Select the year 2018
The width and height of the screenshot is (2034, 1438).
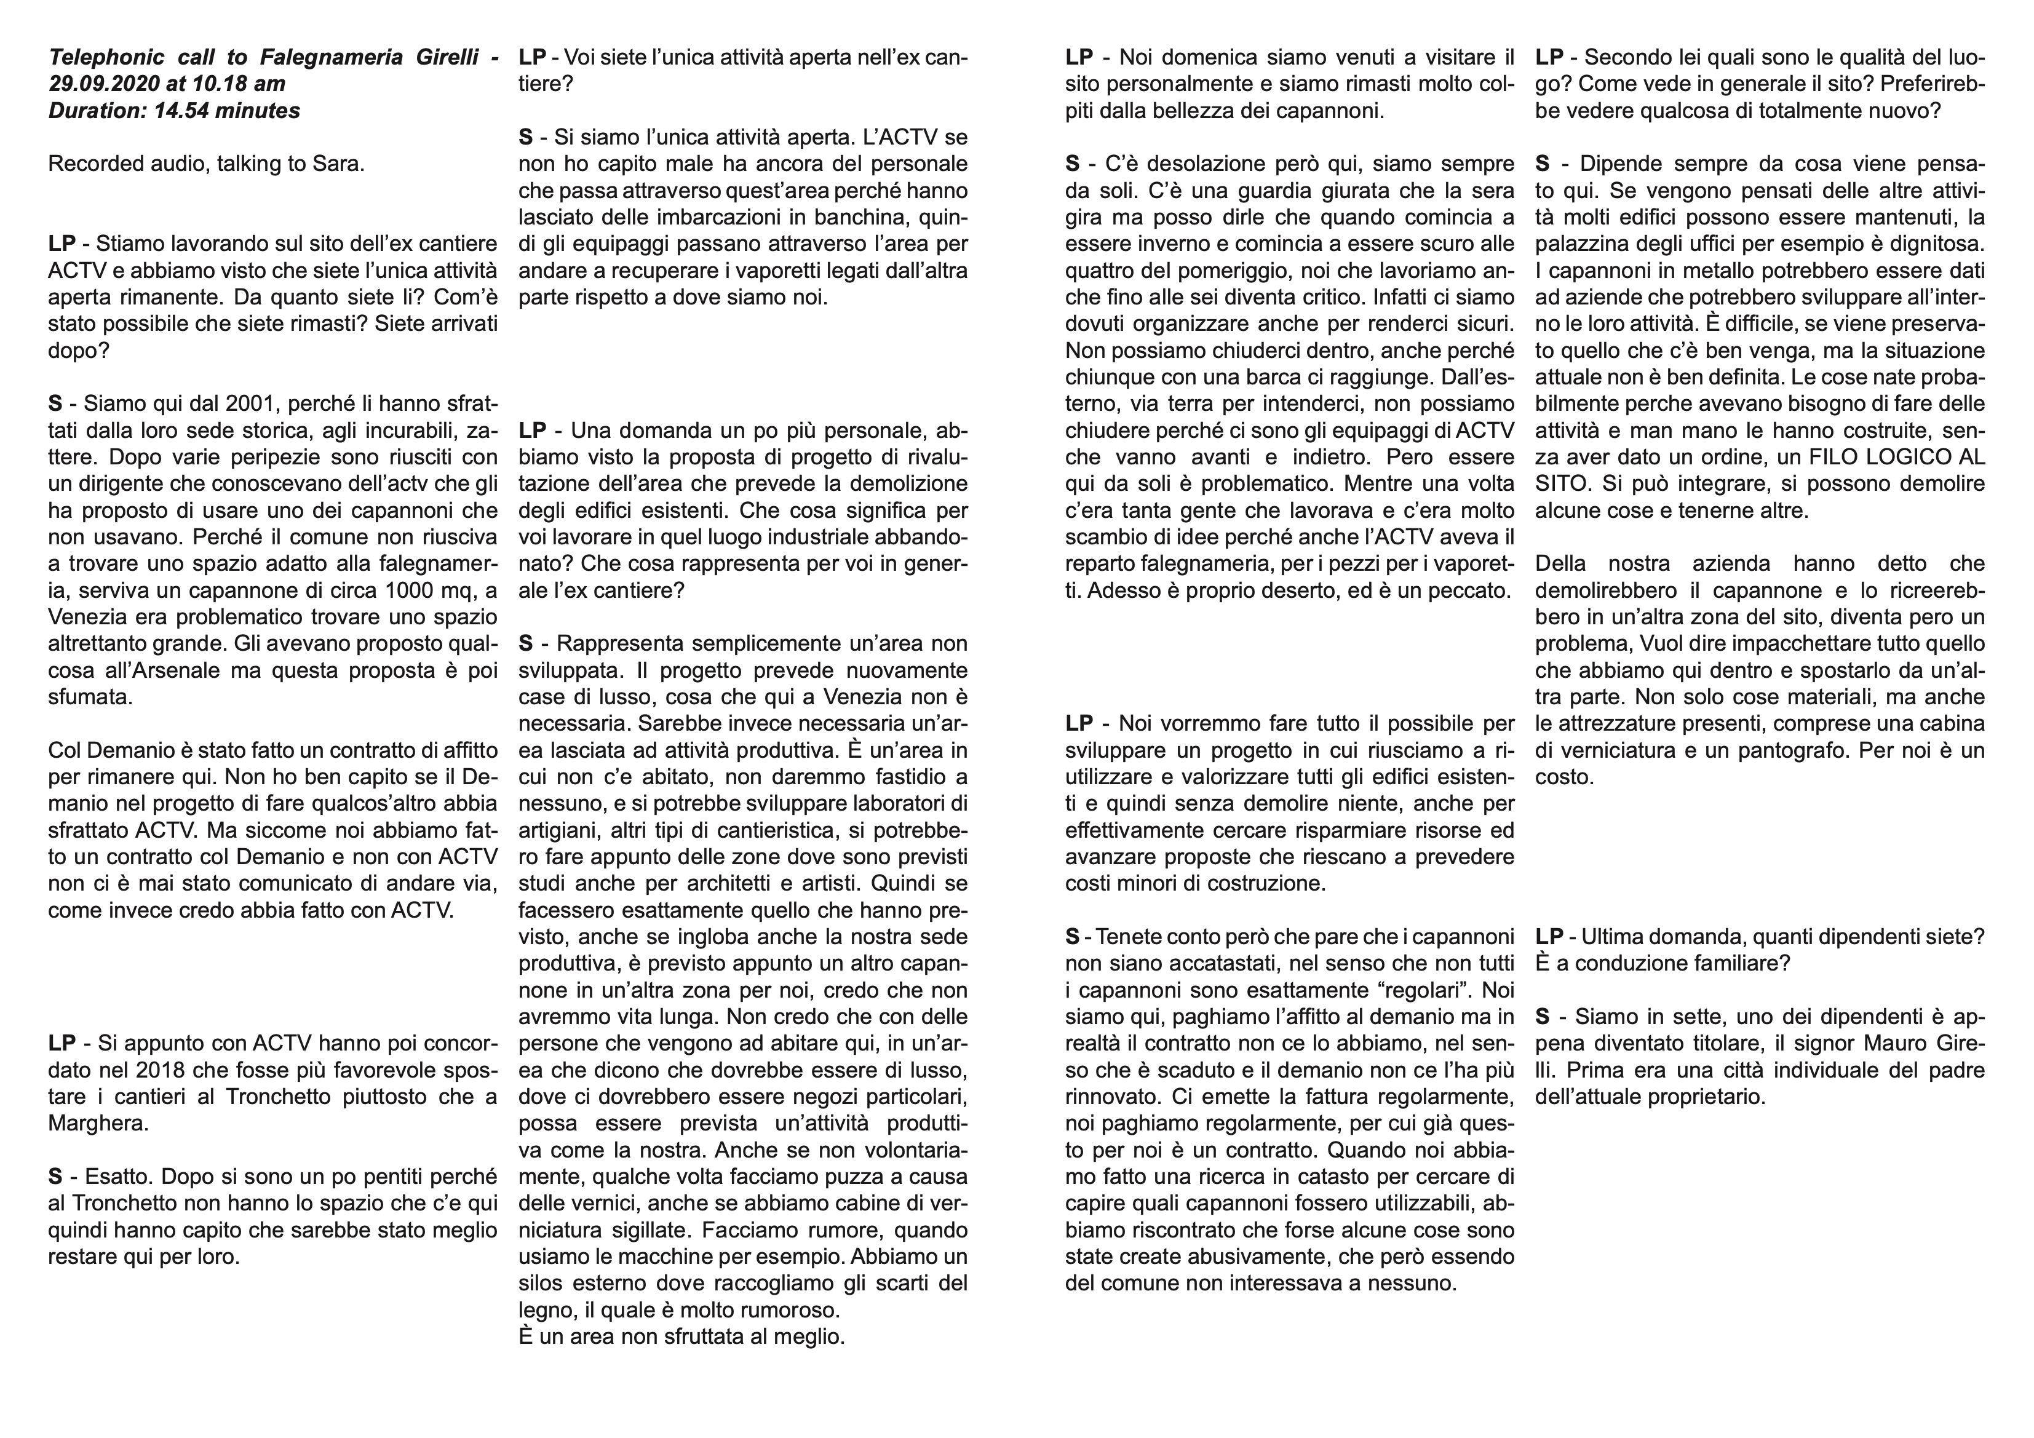(x=149, y=1070)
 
